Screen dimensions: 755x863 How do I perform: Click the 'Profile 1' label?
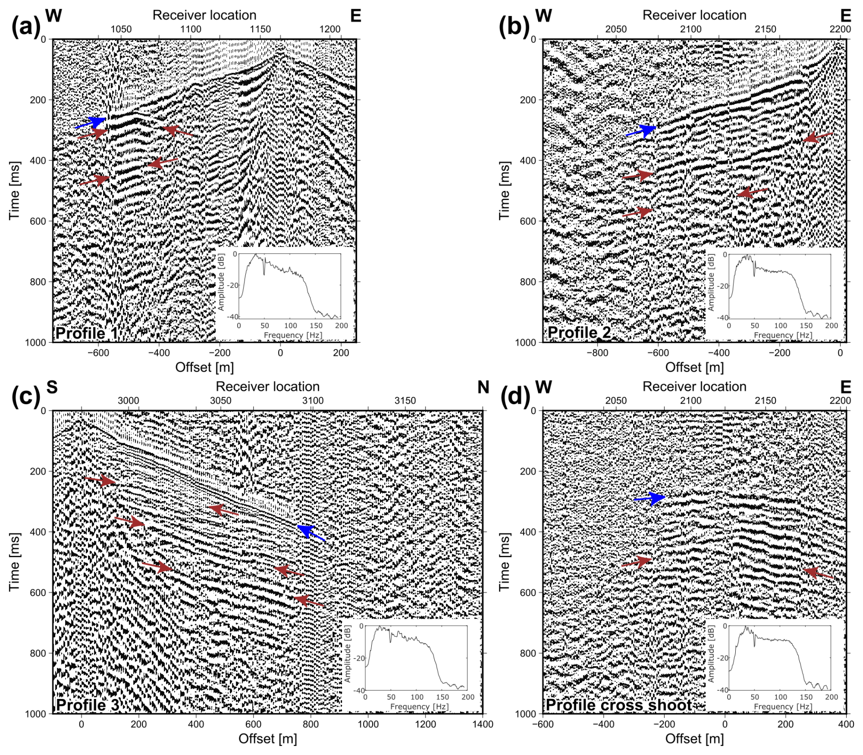[87, 333]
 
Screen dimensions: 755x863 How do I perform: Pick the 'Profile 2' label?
[579, 332]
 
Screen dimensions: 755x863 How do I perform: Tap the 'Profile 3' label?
[88, 704]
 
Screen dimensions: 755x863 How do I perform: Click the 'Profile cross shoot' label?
[619, 704]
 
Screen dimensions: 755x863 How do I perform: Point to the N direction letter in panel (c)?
[483, 387]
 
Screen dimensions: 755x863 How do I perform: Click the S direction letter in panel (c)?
[52, 387]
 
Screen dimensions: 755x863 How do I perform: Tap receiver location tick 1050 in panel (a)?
[121, 29]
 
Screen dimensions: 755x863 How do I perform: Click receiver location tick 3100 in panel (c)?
[312, 401]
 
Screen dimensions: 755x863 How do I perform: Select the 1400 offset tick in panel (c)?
[483, 724]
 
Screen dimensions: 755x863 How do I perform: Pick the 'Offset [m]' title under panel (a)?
[204, 367]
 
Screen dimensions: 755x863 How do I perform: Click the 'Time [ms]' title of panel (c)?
[15, 562]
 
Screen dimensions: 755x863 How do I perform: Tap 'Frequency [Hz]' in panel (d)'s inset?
[783, 707]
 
